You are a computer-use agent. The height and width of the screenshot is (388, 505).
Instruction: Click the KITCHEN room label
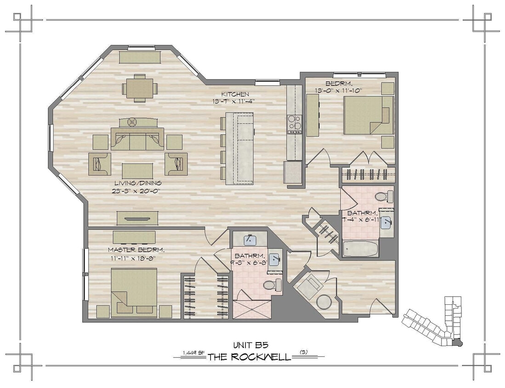237,94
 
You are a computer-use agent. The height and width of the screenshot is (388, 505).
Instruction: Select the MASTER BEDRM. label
136,250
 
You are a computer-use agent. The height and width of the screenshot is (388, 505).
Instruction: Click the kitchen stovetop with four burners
295,124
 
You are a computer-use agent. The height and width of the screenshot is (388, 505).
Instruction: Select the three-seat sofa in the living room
137,140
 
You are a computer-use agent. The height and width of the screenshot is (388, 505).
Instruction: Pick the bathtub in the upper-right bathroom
361,249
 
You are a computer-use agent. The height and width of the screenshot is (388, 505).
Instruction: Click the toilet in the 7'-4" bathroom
383,197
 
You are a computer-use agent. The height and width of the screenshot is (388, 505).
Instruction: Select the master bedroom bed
134,293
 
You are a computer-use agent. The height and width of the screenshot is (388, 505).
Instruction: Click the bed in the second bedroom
369,115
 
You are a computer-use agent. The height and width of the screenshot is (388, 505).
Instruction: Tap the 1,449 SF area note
193,353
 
